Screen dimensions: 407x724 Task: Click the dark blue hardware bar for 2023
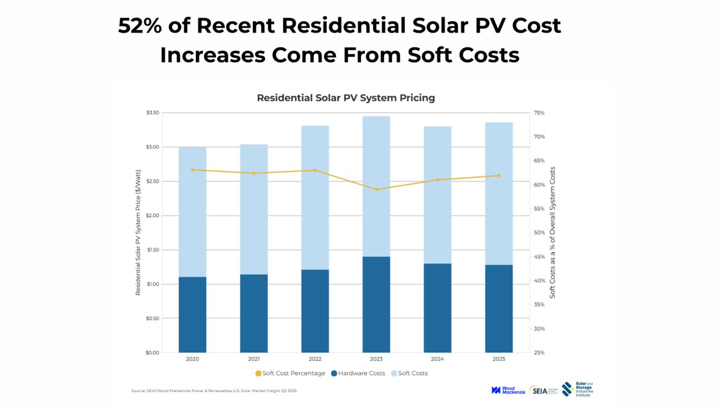coord(376,304)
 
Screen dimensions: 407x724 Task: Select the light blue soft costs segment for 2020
coord(192,212)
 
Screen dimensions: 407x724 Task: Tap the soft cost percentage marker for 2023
coord(376,189)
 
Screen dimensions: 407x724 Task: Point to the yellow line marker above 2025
coord(499,175)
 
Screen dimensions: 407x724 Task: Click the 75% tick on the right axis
coord(539,113)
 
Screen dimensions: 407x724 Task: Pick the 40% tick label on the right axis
coord(539,281)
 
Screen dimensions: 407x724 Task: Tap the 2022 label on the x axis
coord(315,359)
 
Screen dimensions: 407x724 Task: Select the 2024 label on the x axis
coord(437,359)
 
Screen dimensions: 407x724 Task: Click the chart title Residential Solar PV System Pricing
coord(346,97)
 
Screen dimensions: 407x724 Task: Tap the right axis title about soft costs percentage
coord(552,233)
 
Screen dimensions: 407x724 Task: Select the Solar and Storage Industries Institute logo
coord(576,390)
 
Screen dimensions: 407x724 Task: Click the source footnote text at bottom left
coord(214,391)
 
